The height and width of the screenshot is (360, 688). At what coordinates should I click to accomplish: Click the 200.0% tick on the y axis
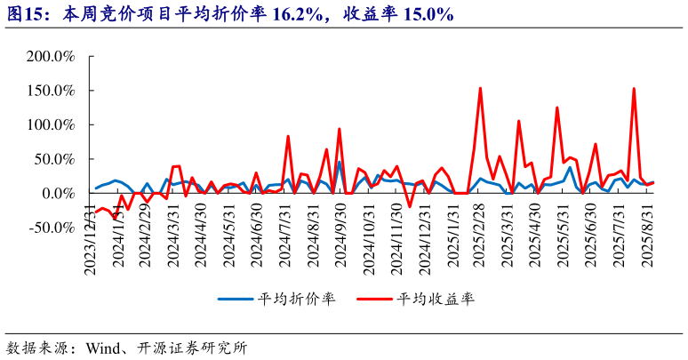click(51, 57)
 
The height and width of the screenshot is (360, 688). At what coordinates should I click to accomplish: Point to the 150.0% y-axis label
click(51, 91)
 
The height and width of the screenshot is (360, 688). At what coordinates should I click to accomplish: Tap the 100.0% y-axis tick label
click(51, 125)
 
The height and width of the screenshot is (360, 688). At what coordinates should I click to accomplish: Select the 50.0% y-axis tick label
click(54, 159)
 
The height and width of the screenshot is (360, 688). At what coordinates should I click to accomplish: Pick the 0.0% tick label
click(58, 194)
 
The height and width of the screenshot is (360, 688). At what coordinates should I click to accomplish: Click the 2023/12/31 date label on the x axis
click(90, 238)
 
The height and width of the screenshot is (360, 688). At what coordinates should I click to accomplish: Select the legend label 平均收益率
click(436, 299)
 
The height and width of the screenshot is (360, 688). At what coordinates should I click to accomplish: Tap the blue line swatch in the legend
click(236, 299)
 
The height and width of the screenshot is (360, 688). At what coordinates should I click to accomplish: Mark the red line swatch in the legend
click(375, 299)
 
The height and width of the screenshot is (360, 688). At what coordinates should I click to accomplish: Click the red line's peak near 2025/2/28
click(480, 88)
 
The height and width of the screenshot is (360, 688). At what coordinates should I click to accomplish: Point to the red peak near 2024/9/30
click(339, 129)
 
